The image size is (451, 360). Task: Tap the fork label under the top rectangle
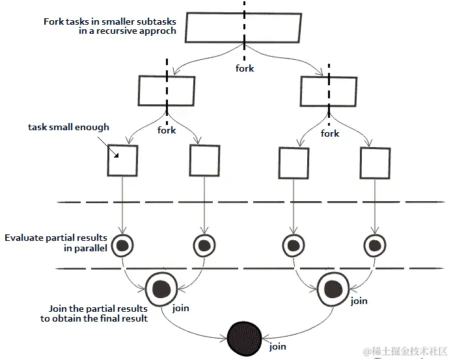245,68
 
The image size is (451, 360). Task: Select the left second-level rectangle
166,90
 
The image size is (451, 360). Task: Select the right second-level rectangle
328,90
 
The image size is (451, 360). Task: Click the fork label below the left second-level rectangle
167,130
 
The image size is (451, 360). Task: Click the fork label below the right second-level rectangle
330,133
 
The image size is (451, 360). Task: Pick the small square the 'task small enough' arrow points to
122,160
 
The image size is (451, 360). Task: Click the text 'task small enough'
68,127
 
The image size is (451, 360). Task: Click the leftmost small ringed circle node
122,245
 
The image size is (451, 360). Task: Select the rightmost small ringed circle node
375,245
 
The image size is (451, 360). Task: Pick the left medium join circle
161,287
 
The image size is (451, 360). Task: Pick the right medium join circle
331,287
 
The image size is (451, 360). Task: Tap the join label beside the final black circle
278,346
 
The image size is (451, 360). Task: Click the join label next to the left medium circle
181,308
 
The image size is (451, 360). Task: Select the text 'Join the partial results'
98,309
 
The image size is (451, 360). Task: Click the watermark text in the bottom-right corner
405,351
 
